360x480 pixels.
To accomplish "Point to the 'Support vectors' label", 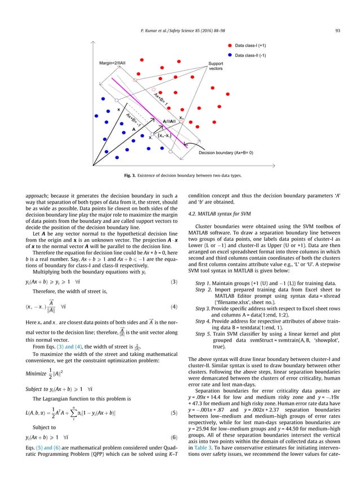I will coord(216,67).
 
